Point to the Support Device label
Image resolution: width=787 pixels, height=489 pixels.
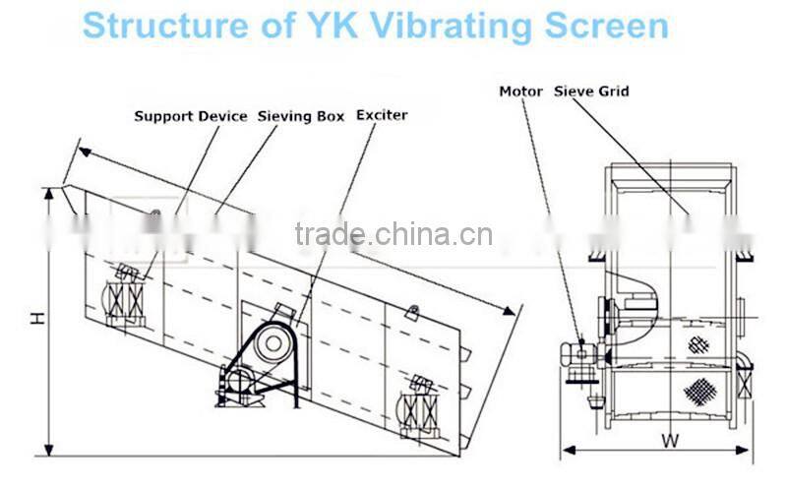[x=191, y=116]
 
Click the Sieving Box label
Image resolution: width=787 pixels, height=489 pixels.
[x=301, y=116]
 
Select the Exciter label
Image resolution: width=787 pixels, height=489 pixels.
[x=382, y=115]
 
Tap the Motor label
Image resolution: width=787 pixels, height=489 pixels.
[x=521, y=92]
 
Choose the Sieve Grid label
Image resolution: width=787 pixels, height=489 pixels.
[x=592, y=92]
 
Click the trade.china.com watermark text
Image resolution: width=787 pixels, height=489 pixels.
[x=393, y=234]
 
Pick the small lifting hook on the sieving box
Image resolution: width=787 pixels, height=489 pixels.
[x=413, y=312]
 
